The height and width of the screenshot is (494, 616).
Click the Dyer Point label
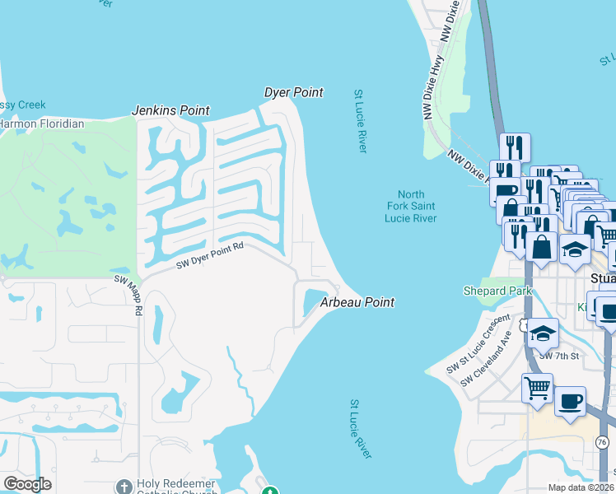[x=293, y=93]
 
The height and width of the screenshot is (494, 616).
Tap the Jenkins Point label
[x=171, y=110]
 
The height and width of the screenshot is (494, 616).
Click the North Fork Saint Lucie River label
[x=410, y=206]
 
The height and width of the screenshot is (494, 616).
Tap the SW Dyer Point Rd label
[x=211, y=254]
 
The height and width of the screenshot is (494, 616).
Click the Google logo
[x=27, y=484]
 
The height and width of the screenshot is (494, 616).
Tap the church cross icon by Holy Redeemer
[x=124, y=487]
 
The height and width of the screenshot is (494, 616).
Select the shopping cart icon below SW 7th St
[x=537, y=387]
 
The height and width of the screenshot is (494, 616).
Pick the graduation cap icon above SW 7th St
[x=543, y=333]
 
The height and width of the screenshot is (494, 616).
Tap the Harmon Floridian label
[x=41, y=123]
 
